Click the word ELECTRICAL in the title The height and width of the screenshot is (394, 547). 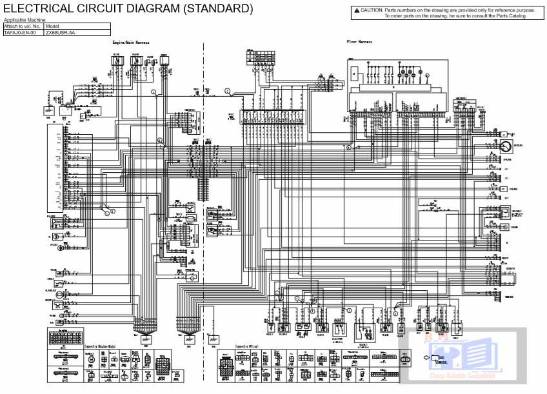coord(37,8)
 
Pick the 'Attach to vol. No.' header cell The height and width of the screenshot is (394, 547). coord(23,26)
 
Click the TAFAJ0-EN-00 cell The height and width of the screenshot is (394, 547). coord(23,32)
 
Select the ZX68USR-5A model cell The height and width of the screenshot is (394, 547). coord(61,32)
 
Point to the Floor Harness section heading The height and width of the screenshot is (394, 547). coord(359,42)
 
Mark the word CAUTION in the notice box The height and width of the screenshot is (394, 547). coord(371,10)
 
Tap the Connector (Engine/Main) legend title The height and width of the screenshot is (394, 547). coord(106,347)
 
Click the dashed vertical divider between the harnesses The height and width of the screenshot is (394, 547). coord(204,193)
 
